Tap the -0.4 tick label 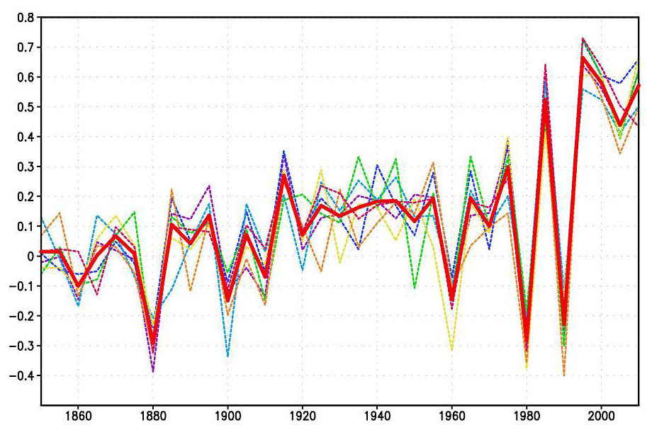(24, 375)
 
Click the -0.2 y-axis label (24, 316)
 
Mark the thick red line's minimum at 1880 (153, 342)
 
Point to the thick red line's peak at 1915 (283, 175)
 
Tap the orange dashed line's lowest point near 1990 (564, 375)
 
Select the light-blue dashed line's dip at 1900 (227, 356)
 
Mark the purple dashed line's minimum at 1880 (153, 371)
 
